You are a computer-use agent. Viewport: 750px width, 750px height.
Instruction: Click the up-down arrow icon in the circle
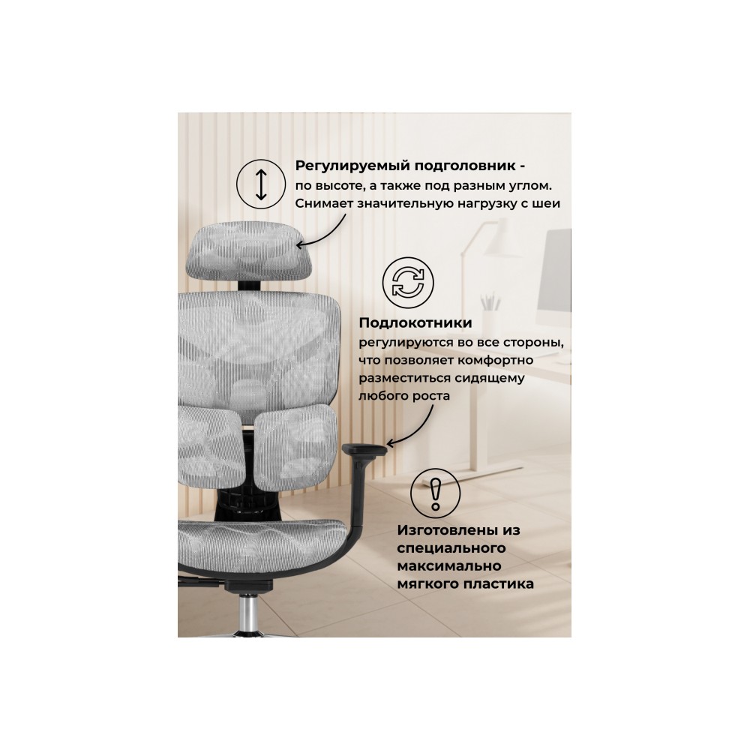pyautogui.click(x=261, y=184)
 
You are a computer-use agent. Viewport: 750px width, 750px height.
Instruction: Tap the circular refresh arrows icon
pyautogui.click(x=408, y=282)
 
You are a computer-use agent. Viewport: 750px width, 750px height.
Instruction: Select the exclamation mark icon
pyautogui.click(x=435, y=493)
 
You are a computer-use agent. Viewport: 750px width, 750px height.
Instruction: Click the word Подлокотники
pyautogui.click(x=415, y=322)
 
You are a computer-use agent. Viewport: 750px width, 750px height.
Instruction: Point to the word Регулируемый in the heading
pyautogui.click(x=352, y=166)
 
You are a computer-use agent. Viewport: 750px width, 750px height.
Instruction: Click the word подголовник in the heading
pyautogui.click(x=464, y=166)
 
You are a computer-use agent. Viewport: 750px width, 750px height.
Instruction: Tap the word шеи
pyautogui.click(x=547, y=204)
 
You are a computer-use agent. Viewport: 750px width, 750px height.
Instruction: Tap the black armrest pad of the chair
pyautogui.click(x=364, y=449)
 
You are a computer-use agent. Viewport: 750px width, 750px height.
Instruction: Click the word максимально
pyautogui.click(x=449, y=566)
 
